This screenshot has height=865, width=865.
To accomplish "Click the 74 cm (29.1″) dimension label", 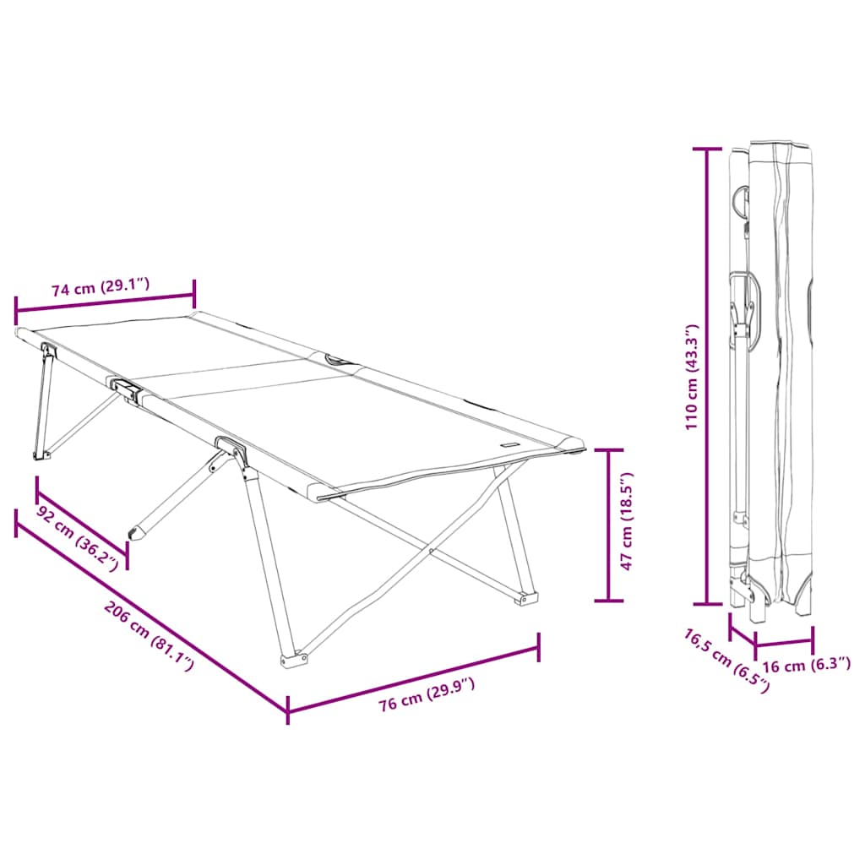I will [x=101, y=287].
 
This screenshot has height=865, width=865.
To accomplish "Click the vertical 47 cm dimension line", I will [x=608, y=525].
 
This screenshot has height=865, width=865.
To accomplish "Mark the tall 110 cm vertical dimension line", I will [x=707, y=377].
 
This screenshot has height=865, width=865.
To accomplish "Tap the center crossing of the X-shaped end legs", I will [x=432, y=552].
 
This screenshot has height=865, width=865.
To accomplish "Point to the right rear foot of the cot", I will [x=527, y=598].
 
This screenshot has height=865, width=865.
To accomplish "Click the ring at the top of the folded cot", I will [x=742, y=199].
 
